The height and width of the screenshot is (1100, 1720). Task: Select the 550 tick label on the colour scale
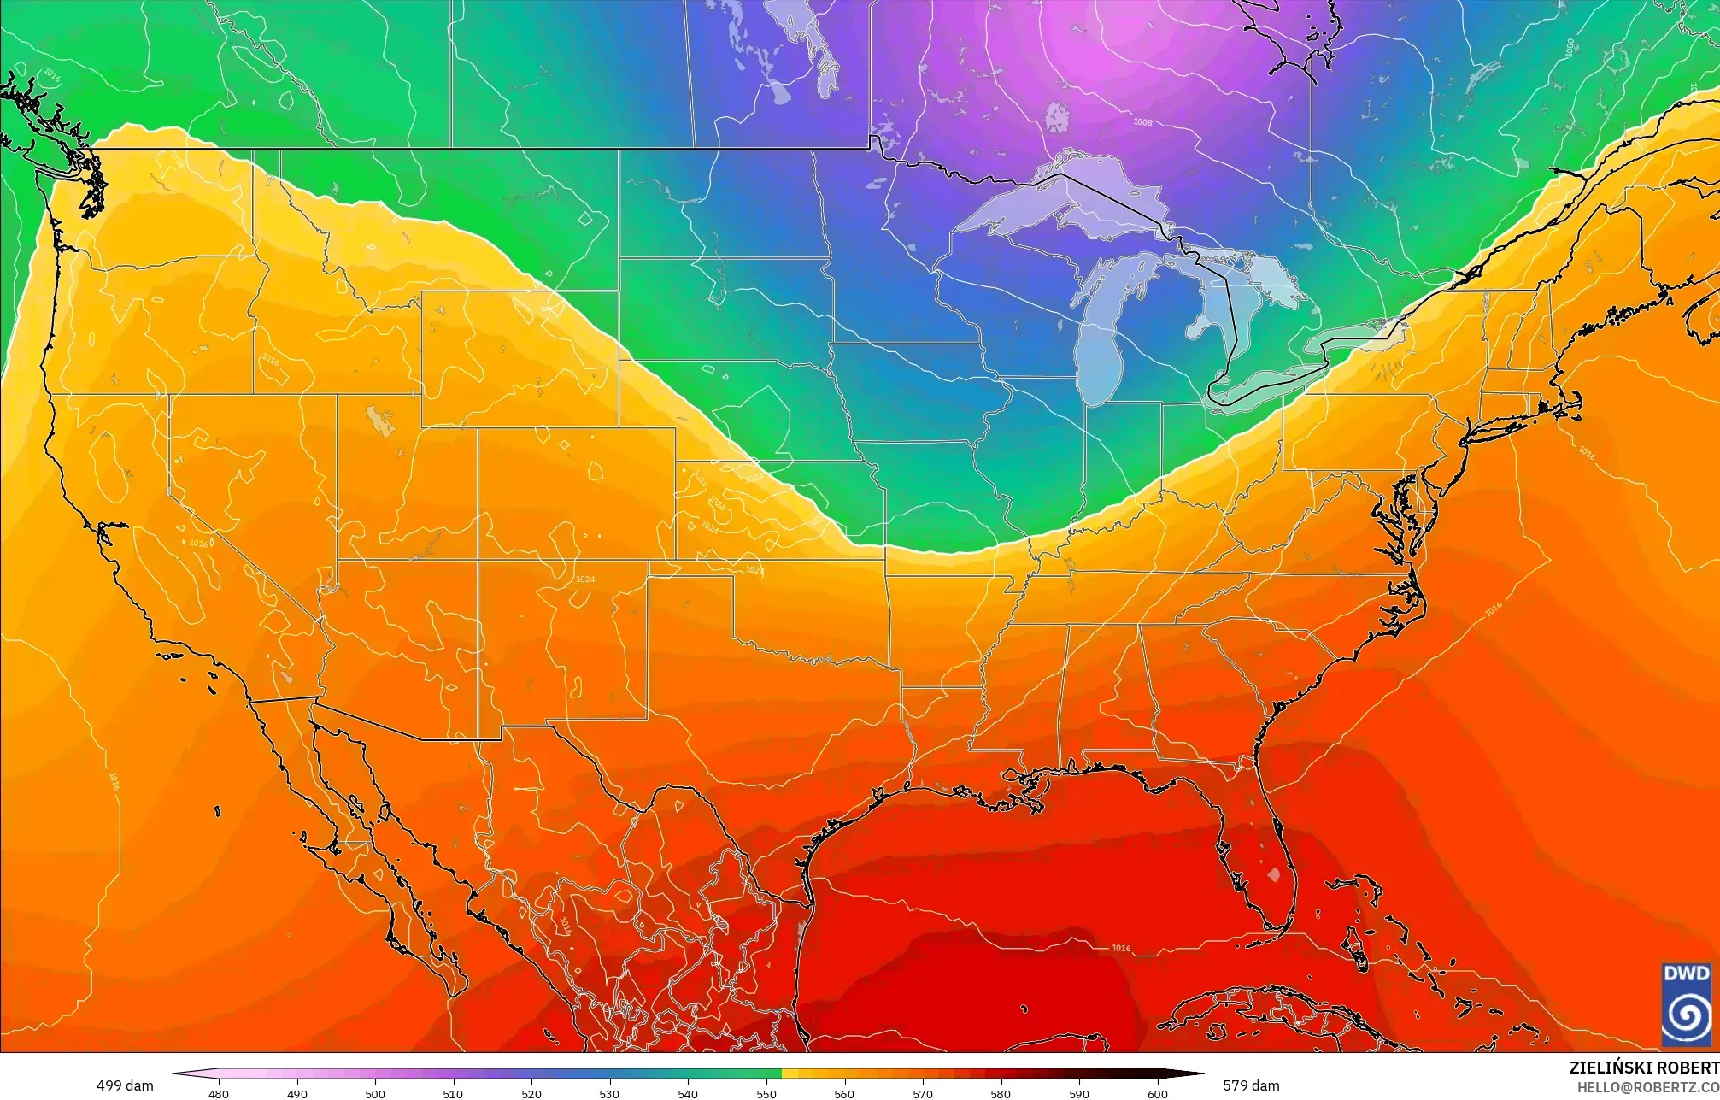tap(766, 1093)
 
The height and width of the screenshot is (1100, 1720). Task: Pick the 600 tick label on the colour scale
tap(1157, 1093)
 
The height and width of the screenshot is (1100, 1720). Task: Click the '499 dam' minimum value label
tap(125, 1085)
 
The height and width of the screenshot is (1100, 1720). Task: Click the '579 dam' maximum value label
tap(1251, 1085)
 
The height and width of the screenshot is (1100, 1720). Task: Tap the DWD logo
tap(1686, 1004)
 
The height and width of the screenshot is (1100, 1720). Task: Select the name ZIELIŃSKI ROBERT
tap(1644, 1068)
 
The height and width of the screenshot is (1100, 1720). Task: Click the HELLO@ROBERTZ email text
tap(1647, 1086)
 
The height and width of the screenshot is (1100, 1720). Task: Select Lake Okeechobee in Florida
tap(1274, 874)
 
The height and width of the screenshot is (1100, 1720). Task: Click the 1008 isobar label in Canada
tap(1142, 122)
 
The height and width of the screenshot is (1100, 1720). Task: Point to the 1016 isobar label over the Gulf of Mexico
tap(1121, 948)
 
